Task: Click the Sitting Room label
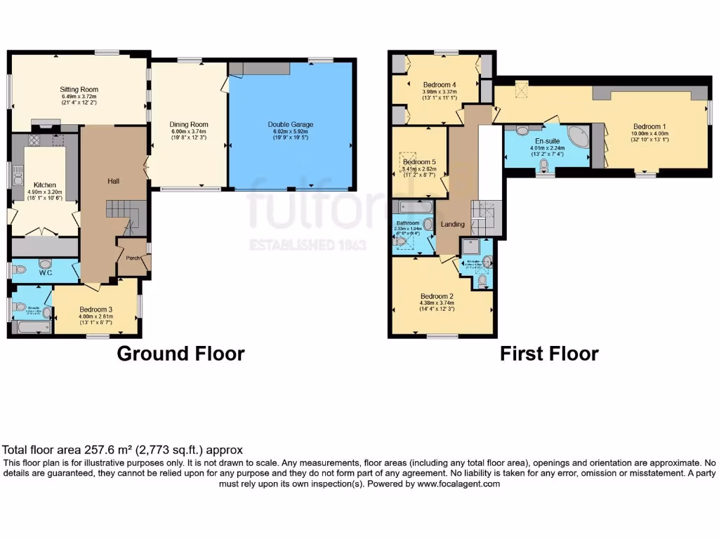coord(79,90)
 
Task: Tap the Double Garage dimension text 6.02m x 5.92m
coord(291,132)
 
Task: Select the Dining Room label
coord(190,124)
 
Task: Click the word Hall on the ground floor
coord(113,181)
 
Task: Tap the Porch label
coord(132,258)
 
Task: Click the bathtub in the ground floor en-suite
coord(32,327)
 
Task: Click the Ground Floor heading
coord(180,354)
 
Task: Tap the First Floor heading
coord(549,354)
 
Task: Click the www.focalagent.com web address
coord(459,484)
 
